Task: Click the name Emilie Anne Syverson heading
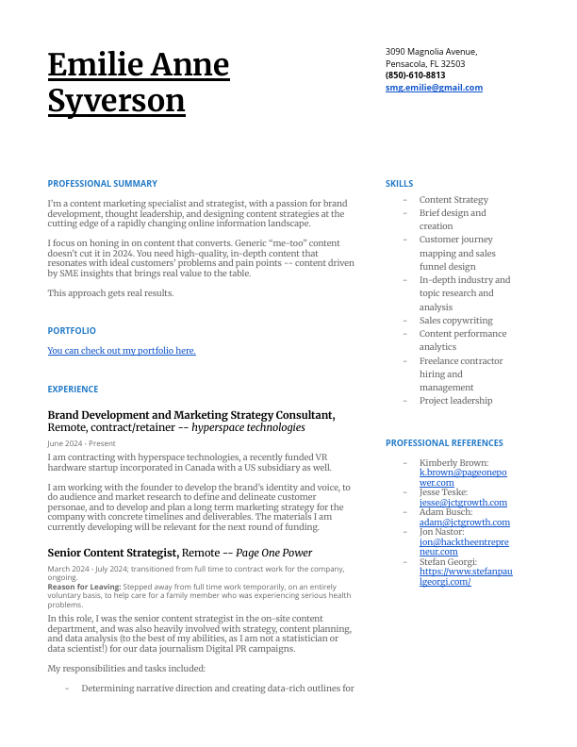[x=139, y=82]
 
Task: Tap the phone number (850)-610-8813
[x=415, y=75]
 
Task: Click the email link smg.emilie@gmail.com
[x=434, y=88]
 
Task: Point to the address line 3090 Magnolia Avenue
[x=431, y=52]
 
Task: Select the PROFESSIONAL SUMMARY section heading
[x=103, y=184]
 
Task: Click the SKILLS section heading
[x=399, y=184]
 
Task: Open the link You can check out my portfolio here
[x=122, y=351]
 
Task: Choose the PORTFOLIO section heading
[x=72, y=331]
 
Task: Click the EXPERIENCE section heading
[x=73, y=390]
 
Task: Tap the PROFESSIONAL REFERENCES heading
[x=444, y=443]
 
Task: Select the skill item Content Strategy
[x=453, y=200]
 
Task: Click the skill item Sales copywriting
[x=455, y=321]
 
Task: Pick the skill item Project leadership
[x=455, y=401]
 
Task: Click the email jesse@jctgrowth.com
[x=463, y=503]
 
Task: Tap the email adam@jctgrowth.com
[x=464, y=523]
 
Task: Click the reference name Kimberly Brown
[x=453, y=463]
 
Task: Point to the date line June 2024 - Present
[x=81, y=443]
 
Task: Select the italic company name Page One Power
[x=273, y=553]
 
